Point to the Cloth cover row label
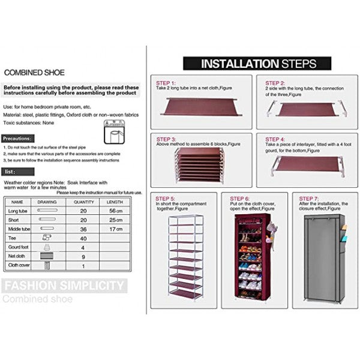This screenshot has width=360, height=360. click(19, 265)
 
